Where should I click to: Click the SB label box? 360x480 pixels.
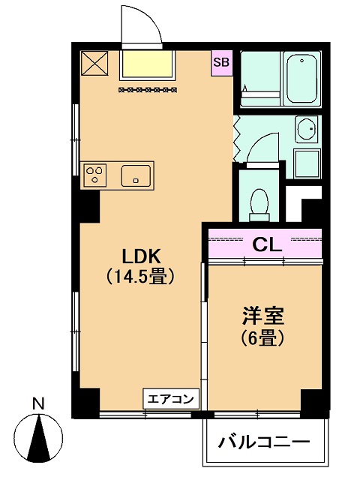tap(221, 63)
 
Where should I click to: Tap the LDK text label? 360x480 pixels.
tap(141, 256)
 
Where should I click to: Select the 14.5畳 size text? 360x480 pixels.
tap(140, 277)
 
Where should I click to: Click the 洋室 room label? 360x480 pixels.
tap(263, 316)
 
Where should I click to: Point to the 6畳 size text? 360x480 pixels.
tap(263, 338)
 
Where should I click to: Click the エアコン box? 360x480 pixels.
tap(171, 398)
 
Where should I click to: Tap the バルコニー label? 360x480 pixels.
tap(264, 442)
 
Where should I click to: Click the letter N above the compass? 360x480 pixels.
tap(38, 403)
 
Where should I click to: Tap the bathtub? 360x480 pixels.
tap(301, 79)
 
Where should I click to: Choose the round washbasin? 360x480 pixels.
tap(307, 128)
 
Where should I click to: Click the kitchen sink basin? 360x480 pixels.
tap(136, 175)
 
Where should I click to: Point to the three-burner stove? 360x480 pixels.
tap(94, 175)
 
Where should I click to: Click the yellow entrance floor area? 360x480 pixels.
tap(147, 64)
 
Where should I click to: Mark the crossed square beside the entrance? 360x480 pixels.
tap(94, 63)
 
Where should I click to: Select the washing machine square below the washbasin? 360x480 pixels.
tap(307, 163)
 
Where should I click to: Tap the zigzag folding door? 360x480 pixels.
tap(237, 139)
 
